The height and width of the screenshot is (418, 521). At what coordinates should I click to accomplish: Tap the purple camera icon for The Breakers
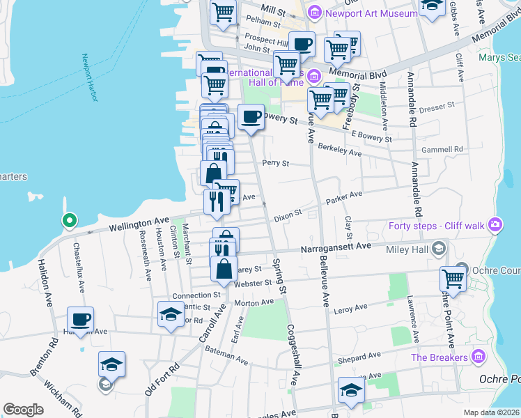(478, 357)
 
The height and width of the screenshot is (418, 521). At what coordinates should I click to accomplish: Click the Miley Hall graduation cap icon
(439, 248)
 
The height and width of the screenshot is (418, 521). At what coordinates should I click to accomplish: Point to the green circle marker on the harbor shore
(69, 222)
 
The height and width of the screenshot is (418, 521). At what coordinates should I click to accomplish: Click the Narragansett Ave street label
(336, 247)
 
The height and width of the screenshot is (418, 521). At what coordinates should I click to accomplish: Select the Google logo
(24, 410)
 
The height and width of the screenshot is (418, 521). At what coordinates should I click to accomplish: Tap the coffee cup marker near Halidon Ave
(81, 320)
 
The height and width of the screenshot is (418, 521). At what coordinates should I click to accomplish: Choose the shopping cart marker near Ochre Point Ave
(453, 279)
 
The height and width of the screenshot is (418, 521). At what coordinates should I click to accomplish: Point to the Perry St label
(275, 163)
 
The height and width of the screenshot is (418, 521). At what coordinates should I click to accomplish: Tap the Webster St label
(252, 283)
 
